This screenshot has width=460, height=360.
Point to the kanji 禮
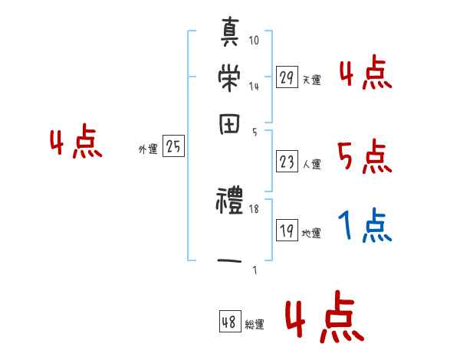[230, 203]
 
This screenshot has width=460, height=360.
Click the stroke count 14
[254, 86]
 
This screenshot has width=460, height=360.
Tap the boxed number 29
[287, 77]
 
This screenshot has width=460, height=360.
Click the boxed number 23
[287, 162]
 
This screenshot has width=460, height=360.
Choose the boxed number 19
[287, 231]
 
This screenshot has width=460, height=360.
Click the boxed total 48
[229, 322]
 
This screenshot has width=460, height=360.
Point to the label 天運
[311, 80]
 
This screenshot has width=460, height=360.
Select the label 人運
[311, 164]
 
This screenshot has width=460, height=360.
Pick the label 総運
[255, 325]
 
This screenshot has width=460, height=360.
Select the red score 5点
[365, 157]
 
